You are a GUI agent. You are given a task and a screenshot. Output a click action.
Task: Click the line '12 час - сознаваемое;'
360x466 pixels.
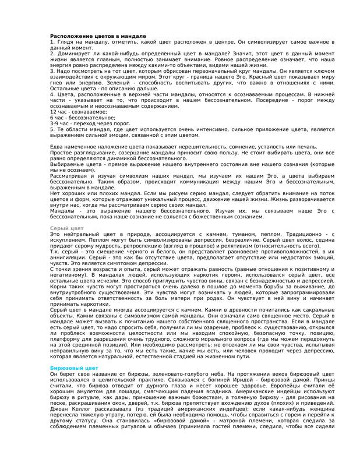(75, 111)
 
